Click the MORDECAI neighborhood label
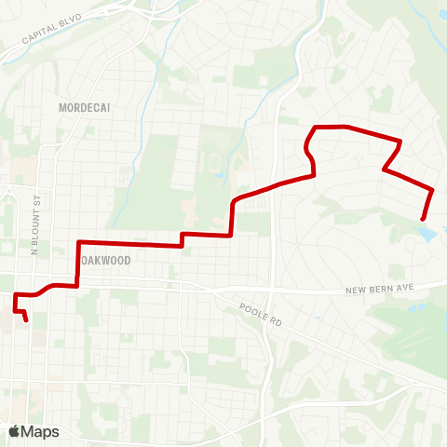coord(85,107)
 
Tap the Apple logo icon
coord(15,431)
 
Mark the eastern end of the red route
coord(424,219)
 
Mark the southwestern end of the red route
coord(26,320)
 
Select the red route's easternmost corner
coord(432,190)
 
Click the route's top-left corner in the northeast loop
coord(315,127)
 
